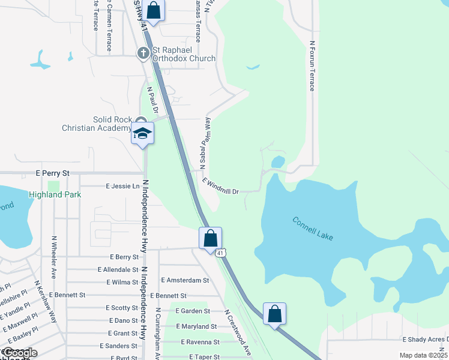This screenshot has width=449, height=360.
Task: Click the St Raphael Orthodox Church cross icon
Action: click(143, 54)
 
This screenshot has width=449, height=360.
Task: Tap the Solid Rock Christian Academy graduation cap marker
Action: click(142, 133)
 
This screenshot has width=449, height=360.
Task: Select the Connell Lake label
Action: click(312, 226)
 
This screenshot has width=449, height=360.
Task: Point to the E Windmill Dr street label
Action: click(221, 186)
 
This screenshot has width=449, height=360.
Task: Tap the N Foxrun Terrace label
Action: click(312, 66)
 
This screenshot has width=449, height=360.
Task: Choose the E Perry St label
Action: click(53, 173)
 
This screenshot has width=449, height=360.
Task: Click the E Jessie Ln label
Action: click(122, 187)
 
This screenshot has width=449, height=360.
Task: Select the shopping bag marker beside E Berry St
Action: click(210, 238)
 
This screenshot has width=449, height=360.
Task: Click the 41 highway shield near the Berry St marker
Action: click(221, 253)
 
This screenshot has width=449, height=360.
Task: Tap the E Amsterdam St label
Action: click(185, 280)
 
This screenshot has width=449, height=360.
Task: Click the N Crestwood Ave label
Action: click(238, 333)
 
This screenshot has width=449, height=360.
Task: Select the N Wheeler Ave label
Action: click(53, 257)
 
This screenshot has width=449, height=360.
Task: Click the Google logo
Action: click(19, 353)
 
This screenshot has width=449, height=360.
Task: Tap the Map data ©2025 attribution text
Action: click(423, 355)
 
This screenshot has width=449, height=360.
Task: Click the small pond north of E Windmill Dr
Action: click(278, 162)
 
